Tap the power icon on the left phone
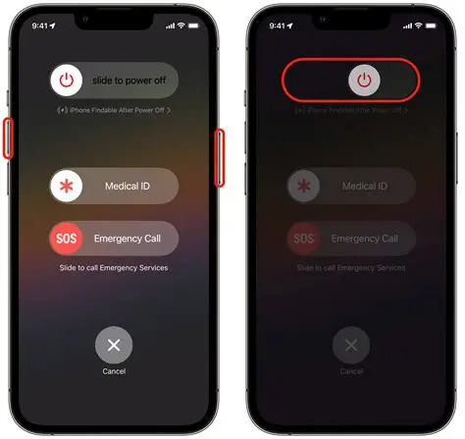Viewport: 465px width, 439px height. coord(68,81)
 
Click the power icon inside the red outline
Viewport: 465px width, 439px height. coord(364,81)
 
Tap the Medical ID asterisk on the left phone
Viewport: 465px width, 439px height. coord(68,186)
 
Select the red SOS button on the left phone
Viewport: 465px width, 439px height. coord(68,239)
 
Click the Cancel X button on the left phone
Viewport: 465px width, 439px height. coord(114,345)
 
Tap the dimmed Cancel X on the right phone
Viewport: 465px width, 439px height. coord(352,345)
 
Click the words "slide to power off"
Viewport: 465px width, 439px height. coord(129,81)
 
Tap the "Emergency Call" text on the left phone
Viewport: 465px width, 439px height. coord(127,239)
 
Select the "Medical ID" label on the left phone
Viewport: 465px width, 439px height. coord(129,186)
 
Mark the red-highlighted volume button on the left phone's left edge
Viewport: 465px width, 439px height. coord(8,138)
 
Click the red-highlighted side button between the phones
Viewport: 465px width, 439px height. coord(220,155)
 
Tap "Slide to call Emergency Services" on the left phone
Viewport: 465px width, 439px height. coord(114,267)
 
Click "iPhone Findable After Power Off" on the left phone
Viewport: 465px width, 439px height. coord(114,111)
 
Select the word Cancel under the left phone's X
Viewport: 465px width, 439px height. coord(114,371)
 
